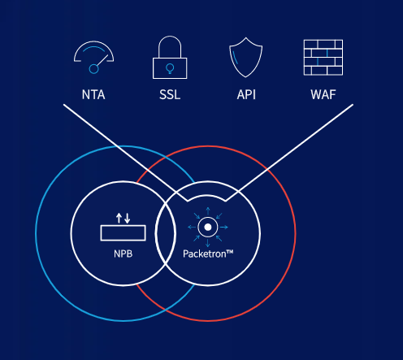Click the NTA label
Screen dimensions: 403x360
point(93,95)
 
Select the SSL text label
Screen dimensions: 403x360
point(170,95)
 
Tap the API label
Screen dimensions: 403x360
point(246,95)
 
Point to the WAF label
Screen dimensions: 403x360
point(323,95)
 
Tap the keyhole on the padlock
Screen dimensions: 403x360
point(170,68)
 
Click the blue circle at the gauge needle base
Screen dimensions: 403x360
point(93,69)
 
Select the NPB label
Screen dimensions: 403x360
point(123,254)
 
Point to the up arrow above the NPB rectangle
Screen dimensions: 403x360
point(119,219)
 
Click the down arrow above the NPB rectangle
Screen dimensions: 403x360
point(128,219)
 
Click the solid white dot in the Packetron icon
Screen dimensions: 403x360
point(208,227)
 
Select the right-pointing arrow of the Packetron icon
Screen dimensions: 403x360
point(223,227)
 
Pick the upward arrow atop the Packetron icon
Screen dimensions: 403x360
point(208,211)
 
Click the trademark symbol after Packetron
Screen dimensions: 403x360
point(230,252)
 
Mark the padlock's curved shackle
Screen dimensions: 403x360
point(170,37)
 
